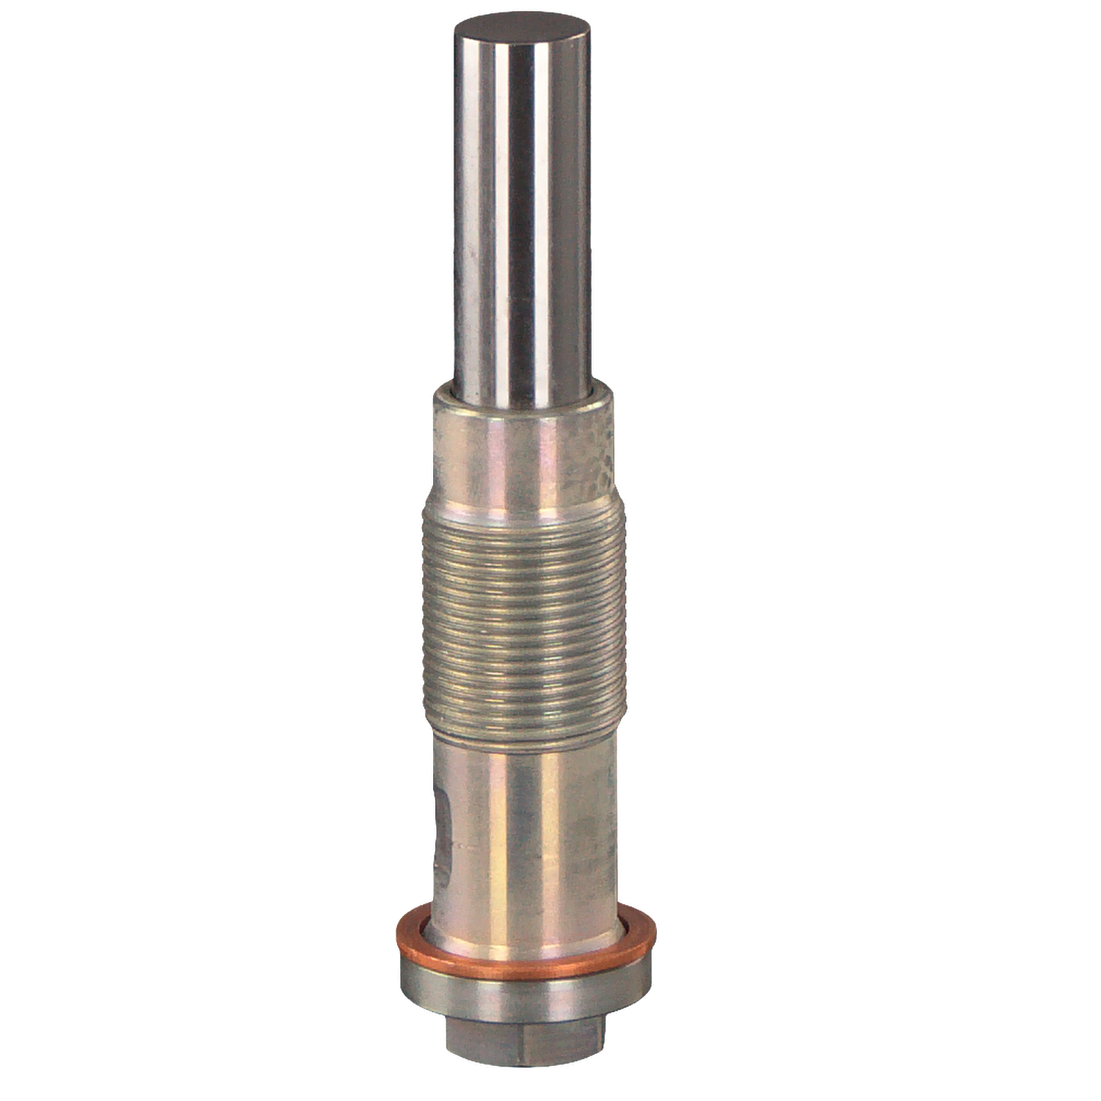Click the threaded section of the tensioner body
click(x=524, y=617)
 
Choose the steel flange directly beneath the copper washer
click(x=526, y=1002)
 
